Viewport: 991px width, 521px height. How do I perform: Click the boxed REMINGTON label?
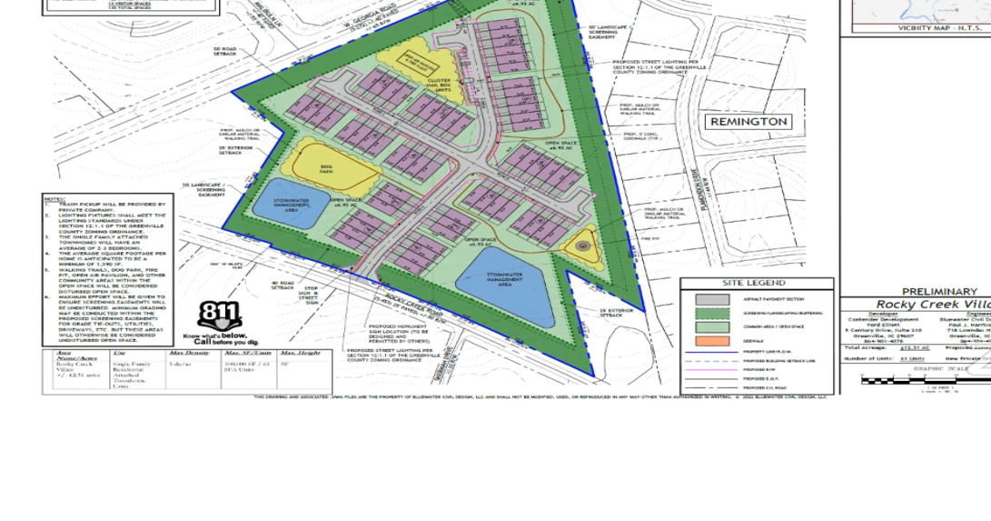(748, 122)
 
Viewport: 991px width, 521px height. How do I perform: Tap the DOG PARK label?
(328, 168)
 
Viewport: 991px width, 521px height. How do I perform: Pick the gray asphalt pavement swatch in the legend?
(712, 299)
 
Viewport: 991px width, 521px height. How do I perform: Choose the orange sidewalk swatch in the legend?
(712, 341)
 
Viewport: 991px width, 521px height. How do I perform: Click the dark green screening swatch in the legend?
(712, 313)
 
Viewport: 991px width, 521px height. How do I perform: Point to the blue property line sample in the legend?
(712, 352)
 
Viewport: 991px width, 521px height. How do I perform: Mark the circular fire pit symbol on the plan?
(582, 245)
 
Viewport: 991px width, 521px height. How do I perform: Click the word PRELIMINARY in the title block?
(938, 292)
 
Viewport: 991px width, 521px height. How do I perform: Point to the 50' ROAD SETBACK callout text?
(224, 52)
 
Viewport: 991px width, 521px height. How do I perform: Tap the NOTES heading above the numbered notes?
(55, 198)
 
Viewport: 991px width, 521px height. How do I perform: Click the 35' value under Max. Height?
(284, 364)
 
